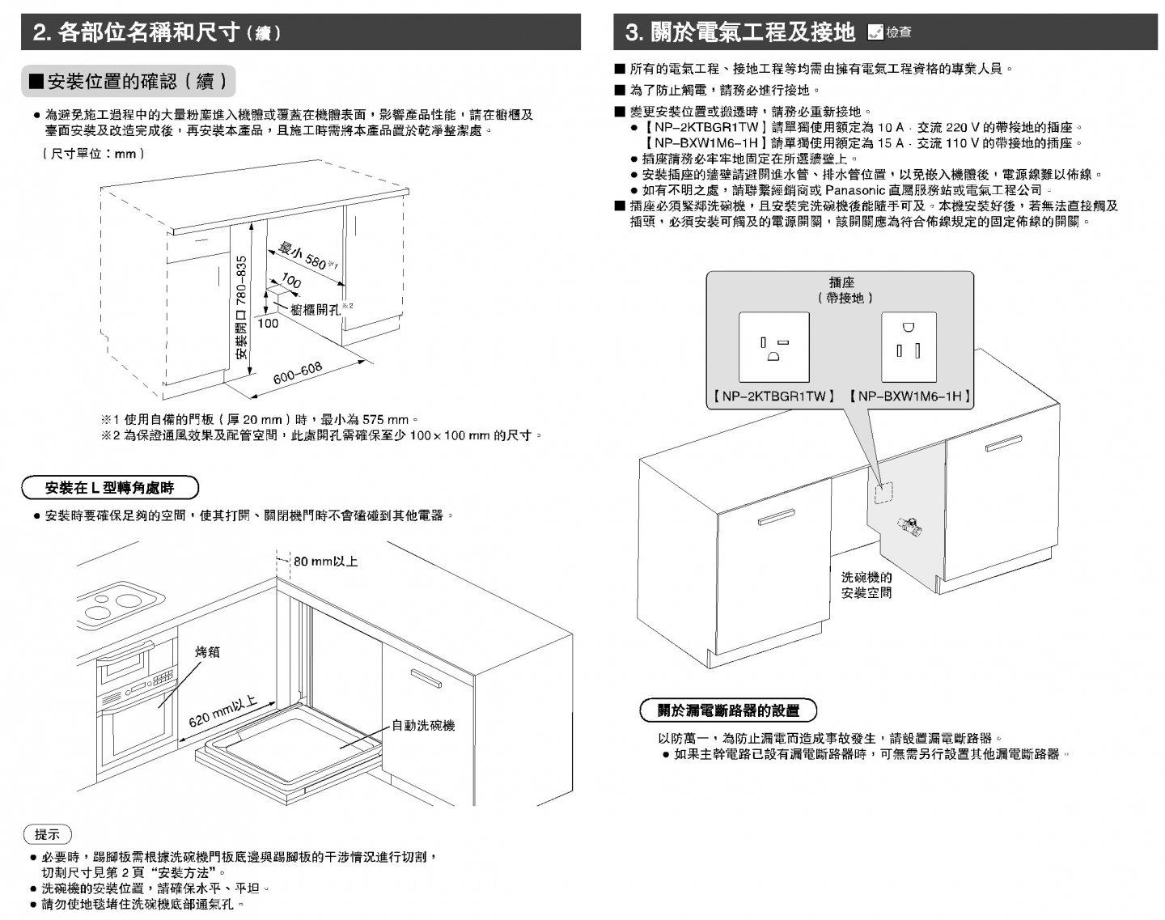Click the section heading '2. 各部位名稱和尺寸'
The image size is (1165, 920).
157,32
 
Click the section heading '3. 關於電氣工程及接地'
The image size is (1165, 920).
739,32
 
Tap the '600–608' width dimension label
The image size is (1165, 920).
298,373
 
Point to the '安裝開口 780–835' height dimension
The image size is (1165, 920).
241,307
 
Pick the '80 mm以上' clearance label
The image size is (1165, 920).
325,561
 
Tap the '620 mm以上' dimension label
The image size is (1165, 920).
222,710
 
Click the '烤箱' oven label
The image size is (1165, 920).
207,652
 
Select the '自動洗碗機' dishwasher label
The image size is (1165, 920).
423,726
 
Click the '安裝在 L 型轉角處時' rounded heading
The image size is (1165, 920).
109,488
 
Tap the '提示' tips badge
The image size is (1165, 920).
48,834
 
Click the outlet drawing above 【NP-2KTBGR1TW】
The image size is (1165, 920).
773,347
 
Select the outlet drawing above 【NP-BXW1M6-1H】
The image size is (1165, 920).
908,346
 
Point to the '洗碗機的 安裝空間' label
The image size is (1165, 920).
866,585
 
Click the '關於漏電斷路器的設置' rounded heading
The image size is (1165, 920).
728,710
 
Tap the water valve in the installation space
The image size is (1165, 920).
909,527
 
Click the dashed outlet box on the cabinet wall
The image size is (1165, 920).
883,493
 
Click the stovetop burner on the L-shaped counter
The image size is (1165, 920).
121,602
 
